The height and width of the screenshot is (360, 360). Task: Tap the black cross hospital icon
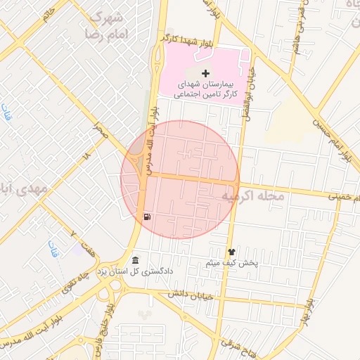point(205,74)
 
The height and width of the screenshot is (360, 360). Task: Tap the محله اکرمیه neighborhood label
point(253,198)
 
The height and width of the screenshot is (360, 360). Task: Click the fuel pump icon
point(146,217)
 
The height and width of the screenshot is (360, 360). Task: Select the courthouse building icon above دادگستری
point(135,261)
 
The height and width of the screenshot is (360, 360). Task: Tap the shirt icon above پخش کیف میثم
point(231,252)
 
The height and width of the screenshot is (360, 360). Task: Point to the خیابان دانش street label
point(190,296)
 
